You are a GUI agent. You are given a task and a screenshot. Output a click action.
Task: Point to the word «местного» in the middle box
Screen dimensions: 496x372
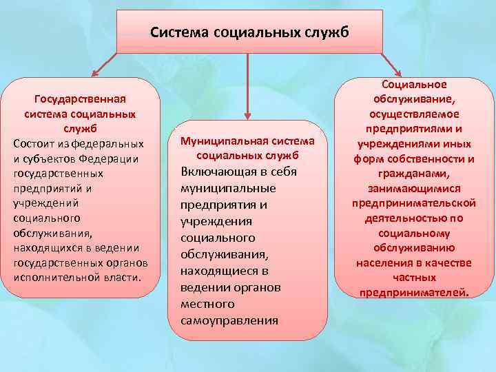[x=207, y=304]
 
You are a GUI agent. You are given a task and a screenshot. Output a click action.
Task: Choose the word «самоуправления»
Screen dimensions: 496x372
[x=229, y=320]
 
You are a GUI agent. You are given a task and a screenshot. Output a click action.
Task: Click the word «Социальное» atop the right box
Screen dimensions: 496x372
[x=413, y=84]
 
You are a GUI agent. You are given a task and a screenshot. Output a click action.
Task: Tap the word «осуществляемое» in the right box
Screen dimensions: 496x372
[x=414, y=114]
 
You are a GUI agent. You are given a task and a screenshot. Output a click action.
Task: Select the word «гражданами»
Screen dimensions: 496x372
[x=413, y=174]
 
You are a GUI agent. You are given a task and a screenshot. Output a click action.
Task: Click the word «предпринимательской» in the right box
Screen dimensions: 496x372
[x=414, y=203]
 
